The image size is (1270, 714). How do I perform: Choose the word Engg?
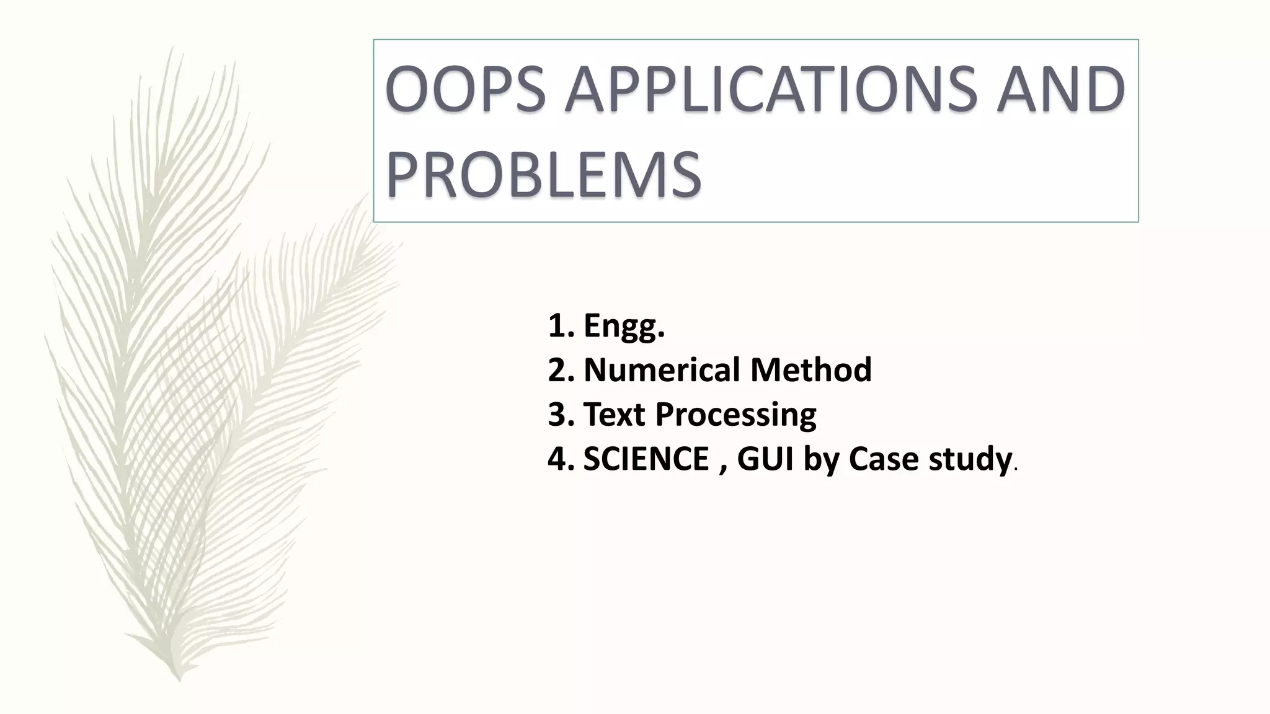624,327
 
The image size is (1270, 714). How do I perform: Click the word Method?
810,370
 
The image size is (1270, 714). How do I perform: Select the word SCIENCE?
646,459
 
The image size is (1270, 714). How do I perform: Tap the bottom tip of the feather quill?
179,680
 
